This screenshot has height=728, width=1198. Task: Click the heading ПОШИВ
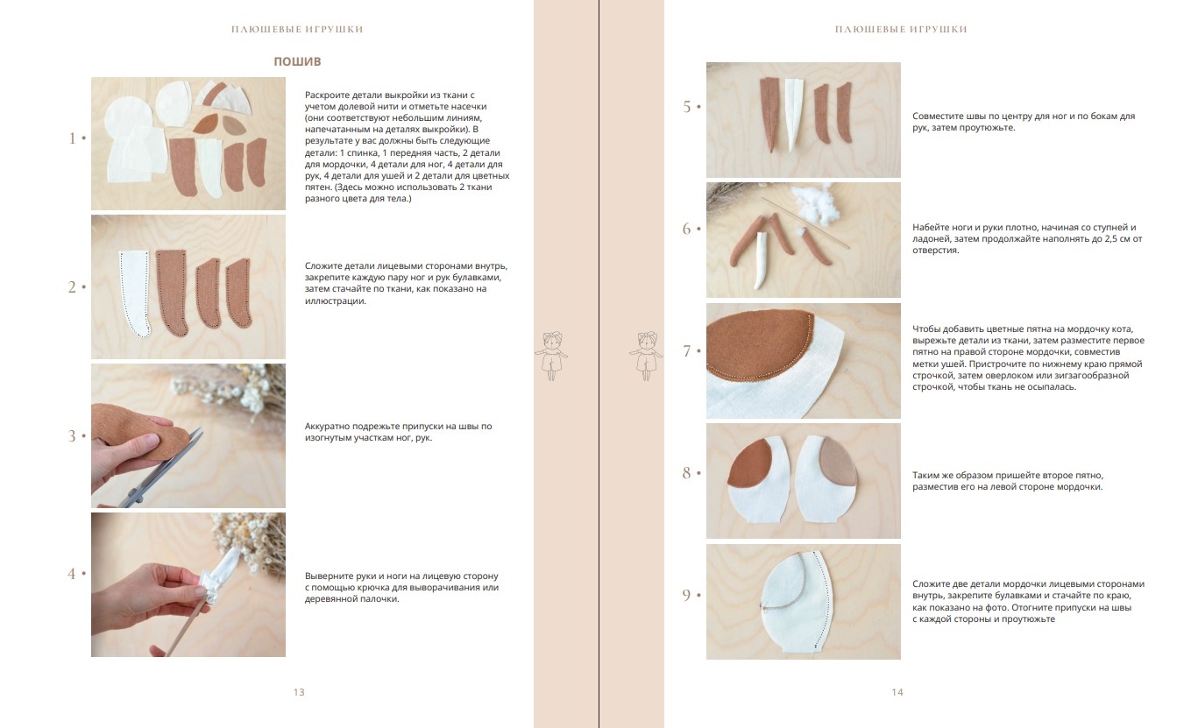click(297, 61)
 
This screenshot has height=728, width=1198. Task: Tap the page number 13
click(299, 692)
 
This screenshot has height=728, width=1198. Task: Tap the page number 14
click(897, 692)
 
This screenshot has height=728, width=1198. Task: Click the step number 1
click(72, 138)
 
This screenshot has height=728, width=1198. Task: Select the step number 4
click(72, 574)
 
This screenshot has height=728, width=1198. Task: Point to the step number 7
click(687, 350)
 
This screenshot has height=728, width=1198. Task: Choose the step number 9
click(687, 595)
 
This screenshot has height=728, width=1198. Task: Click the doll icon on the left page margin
click(551, 356)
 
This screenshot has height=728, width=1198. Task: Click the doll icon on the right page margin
click(646, 356)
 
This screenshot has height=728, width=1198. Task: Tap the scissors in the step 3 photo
click(160, 470)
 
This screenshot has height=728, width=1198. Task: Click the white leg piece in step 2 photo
click(134, 293)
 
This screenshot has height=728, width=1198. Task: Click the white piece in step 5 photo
click(794, 112)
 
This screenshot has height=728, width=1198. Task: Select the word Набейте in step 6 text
click(930, 227)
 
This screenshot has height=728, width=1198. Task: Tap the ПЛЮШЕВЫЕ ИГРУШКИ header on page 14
click(901, 30)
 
